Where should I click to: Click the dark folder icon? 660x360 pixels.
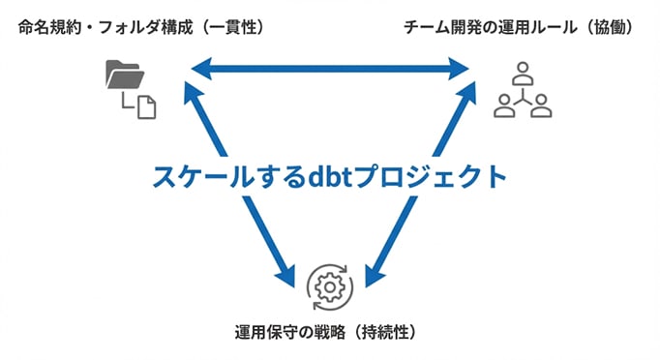pyautogui.click(x=122, y=75)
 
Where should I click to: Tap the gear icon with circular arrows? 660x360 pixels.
pyautogui.click(x=330, y=285)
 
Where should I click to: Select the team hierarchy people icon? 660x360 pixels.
pyautogui.click(x=522, y=90)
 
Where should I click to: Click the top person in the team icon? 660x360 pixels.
pyautogui.click(x=523, y=72)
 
